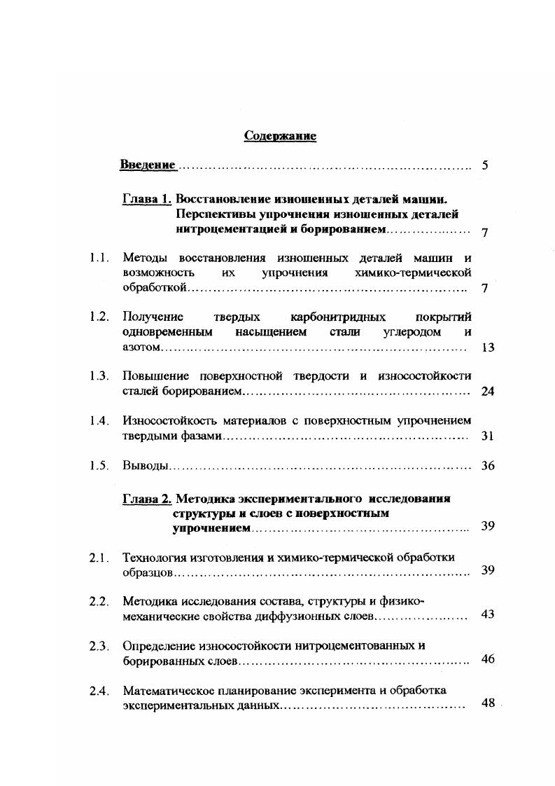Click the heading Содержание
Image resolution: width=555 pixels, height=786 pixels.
coord(280,136)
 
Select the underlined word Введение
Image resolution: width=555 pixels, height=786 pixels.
coord(147,165)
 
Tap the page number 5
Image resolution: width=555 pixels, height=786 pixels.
coord(485,166)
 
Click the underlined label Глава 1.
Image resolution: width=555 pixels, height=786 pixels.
coord(147,199)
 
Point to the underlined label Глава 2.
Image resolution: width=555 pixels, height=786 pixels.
coord(147,499)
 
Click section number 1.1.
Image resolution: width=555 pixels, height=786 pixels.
coord(99,258)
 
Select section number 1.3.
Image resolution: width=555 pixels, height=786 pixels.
coord(99,376)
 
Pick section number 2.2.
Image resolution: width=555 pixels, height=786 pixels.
coord(99,601)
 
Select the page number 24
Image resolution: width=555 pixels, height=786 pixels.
coord(488,391)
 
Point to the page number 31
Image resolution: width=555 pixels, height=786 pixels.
coord(488,436)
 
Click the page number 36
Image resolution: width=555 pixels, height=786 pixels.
coord(488,466)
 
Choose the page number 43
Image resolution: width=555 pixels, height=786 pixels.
coord(488,614)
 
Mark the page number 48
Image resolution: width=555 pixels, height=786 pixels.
coord(488,703)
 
